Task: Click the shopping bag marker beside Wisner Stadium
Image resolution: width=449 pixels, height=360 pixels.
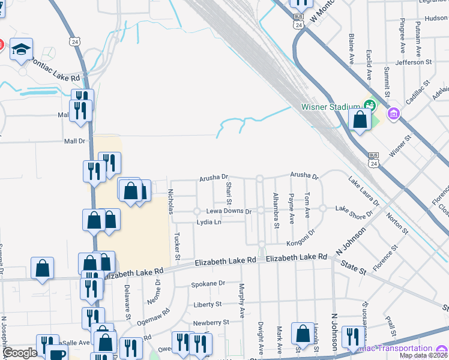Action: (x=360, y=119)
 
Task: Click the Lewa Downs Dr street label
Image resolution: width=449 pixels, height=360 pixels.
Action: (x=229, y=211)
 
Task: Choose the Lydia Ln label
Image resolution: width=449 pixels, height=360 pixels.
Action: (x=209, y=222)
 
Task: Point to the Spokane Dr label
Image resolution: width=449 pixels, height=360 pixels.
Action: (x=208, y=283)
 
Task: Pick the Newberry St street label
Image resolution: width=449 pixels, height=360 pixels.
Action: (x=211, y=322)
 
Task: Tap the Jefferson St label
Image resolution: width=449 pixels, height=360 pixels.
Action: (x=414, y=62)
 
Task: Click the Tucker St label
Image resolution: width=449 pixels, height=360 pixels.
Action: (x=178, y=246)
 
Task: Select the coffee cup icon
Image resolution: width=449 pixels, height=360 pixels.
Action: (x=57, y=354)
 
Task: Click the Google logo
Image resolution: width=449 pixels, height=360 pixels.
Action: (x=20, y=353)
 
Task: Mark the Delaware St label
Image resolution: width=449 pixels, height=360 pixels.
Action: (x=128, y=301)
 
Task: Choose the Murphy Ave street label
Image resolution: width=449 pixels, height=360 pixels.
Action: (x=242, y=300)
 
